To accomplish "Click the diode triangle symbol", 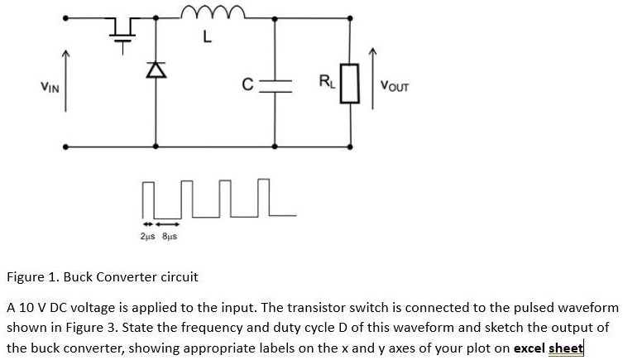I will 152,73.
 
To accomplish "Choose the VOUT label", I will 395,85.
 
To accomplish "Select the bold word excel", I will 530,348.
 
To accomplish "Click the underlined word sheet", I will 566,348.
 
